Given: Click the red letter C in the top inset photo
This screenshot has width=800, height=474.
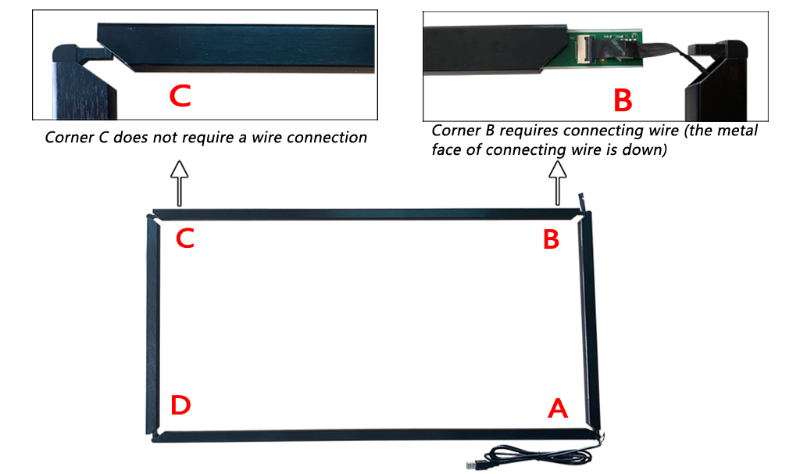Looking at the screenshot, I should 180,95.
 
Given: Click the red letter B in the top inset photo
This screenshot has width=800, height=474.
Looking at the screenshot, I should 622,100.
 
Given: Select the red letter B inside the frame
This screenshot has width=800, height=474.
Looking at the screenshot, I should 551,239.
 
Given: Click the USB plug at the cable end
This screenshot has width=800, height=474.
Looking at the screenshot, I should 473,464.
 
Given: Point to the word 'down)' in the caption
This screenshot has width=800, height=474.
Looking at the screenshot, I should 647,150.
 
